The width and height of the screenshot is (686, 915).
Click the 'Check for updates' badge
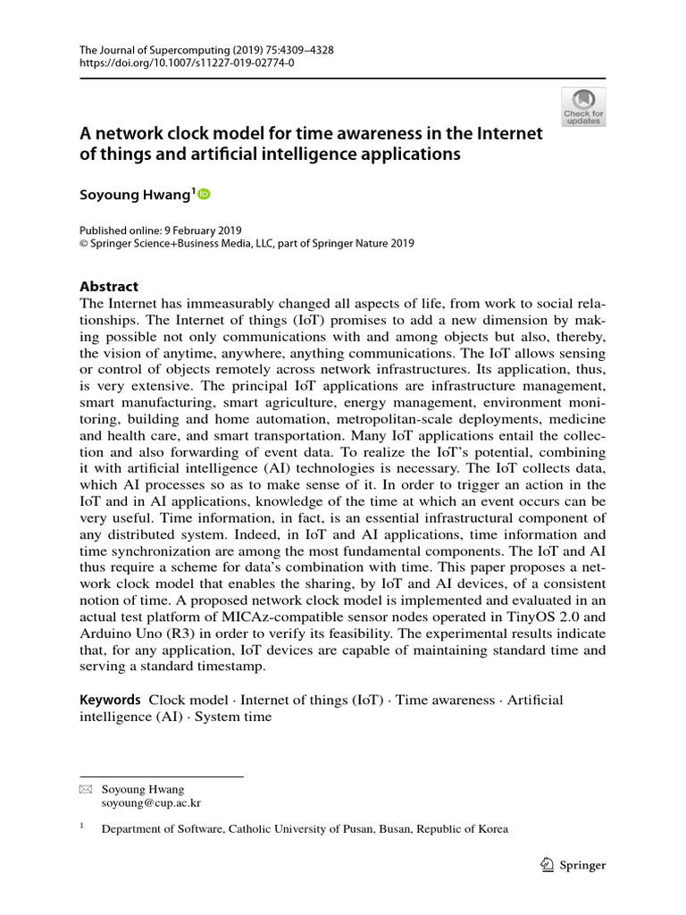(583, 106)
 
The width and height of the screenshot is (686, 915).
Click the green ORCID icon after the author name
(204, 193)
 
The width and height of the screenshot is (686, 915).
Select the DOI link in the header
(187, 63)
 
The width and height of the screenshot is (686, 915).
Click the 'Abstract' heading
(109, 287)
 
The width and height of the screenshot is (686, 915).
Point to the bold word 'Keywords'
(110, 700)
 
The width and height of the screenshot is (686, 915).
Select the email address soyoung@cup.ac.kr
(151, 802)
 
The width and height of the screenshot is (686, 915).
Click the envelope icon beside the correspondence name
(86, 789)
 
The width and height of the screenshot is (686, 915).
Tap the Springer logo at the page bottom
(574, 864)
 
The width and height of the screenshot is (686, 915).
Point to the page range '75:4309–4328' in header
(296, 50)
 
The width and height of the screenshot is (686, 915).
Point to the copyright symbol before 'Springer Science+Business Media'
(86, 243)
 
